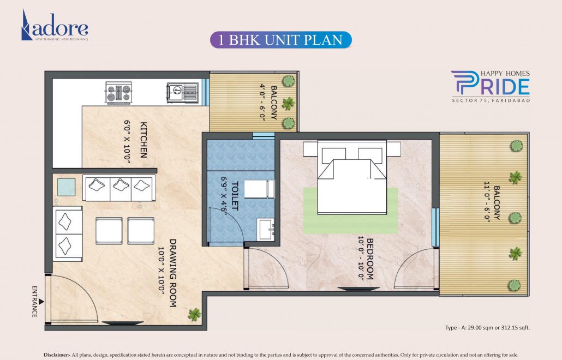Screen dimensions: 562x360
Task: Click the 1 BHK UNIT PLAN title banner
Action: point(280,40)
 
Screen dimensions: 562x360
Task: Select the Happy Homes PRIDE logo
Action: point(491,86)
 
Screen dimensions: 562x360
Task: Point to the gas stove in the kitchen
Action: point(118,93)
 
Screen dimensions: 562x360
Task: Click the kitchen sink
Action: point(182,93)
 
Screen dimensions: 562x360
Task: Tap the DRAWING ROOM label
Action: point(173,273)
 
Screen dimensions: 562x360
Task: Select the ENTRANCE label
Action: point(34,301)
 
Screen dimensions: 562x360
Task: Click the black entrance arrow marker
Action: point(41,302)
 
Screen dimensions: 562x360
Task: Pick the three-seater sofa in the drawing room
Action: point(119,188)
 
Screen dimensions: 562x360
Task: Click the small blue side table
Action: point(67,187)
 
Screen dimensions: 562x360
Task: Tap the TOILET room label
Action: point(235,196)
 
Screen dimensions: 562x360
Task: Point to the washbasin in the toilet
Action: point(266,229)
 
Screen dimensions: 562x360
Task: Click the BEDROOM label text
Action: point(370,259)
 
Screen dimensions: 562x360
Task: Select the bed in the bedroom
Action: point(352,177)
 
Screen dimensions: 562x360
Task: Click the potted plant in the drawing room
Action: point(194,315)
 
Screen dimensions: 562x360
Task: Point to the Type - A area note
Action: point(487,327)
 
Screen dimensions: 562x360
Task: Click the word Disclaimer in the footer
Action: point(57,355)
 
